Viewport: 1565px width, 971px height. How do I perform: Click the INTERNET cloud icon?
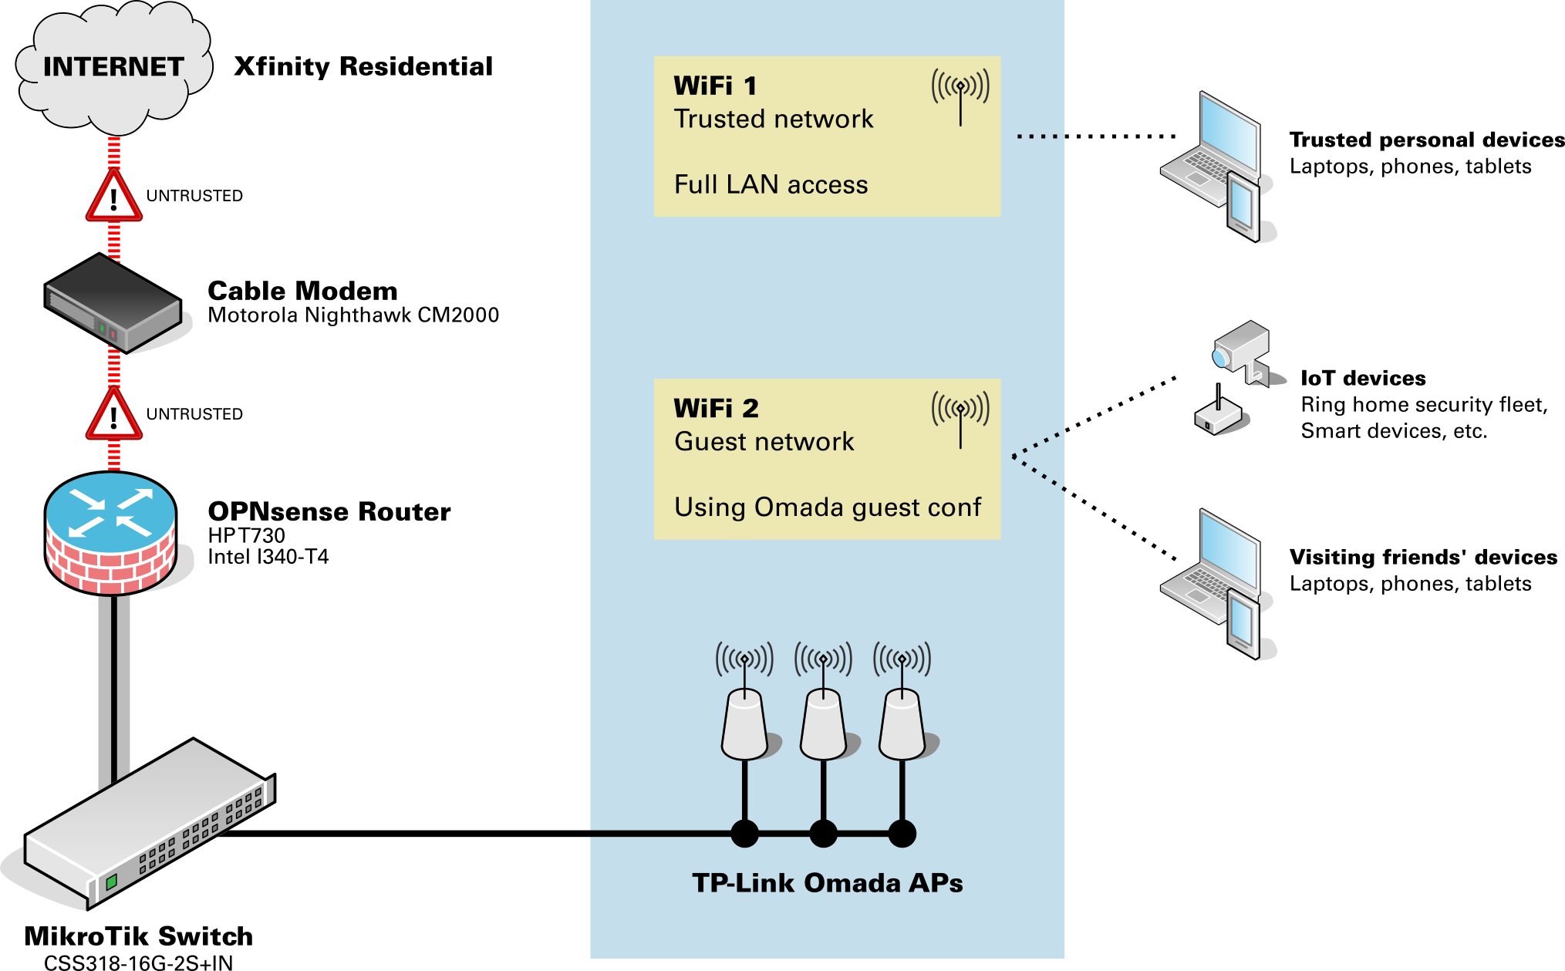[x=113, y=68]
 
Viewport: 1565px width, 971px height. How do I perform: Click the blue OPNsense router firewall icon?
[x=110, y=532]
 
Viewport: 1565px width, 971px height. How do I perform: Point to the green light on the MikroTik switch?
[x=111, y=881]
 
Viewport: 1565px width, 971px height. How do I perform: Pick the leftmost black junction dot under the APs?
[x=744, y=834]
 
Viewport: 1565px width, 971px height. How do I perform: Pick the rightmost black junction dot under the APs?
[x=902, y=834]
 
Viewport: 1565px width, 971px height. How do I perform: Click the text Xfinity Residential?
[x=363, y=67]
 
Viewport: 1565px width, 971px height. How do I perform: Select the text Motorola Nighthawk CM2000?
[x=353, y=315]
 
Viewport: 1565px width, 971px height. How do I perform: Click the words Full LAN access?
[x=771, y=185]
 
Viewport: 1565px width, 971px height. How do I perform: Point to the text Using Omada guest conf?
[x=827, y=507]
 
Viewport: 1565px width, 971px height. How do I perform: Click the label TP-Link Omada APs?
[x=827, y=883]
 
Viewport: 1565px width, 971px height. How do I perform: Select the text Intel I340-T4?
[x=268, y=557]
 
